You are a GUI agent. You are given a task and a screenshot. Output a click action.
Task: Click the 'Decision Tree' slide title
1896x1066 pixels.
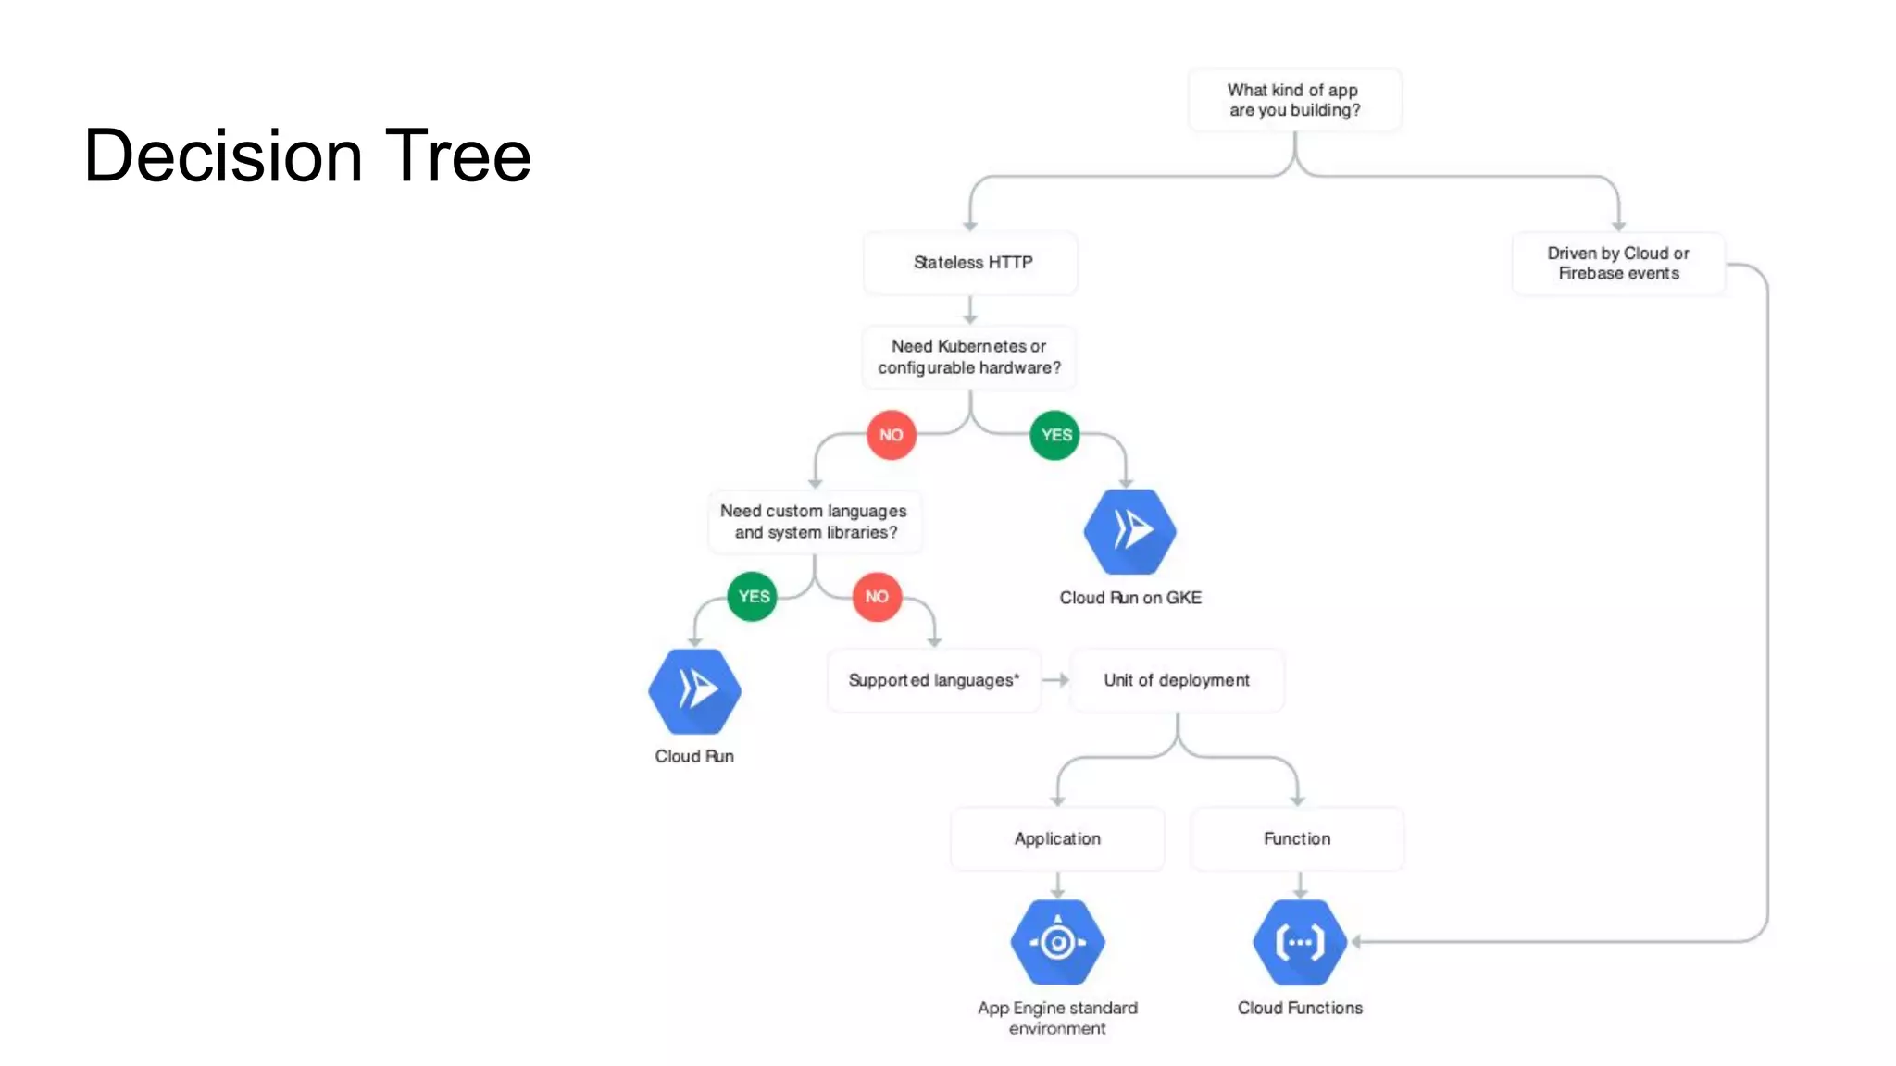coord(307,155)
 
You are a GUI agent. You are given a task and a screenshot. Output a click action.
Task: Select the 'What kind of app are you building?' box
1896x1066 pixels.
coord(1294,100)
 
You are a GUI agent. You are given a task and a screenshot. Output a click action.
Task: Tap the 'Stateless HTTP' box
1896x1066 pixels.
coord(971,263)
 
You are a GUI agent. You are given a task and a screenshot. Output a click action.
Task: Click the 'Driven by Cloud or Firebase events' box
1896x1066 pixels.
coord(1618,264)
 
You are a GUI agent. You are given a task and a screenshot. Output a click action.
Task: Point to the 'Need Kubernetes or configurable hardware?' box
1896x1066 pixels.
coord(969,357)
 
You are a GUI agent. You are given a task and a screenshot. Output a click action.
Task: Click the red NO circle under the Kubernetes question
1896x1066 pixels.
coord(891,435)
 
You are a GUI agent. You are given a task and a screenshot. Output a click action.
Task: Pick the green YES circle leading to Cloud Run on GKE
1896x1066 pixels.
coord(1055,435)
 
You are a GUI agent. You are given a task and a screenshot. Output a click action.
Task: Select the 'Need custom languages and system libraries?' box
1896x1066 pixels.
coord(815,522)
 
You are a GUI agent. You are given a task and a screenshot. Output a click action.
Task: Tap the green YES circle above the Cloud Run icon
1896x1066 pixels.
coord(753,597)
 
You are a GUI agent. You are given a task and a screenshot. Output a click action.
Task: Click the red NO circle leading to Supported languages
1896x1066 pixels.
coord(877,597)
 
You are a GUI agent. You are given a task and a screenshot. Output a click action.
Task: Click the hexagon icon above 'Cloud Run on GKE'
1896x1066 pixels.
coord(1129,531)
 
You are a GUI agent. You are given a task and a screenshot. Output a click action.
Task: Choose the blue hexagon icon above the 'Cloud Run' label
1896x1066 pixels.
coord(694,690)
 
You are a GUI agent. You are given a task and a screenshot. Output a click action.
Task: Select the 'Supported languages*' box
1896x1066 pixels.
coord(933,680)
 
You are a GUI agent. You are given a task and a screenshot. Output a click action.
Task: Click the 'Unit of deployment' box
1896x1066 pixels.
coord(1177,680)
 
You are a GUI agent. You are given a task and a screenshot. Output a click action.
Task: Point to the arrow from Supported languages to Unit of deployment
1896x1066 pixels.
coord(1055,680)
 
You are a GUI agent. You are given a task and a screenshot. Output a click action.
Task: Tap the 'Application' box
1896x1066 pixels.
coord(1057,838)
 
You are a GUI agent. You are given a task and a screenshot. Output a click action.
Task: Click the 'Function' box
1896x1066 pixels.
coord(1297,838)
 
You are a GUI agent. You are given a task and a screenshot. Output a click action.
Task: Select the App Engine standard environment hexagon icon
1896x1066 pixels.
coord(1057,942)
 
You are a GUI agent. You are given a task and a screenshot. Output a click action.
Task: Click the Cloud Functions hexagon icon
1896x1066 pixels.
coord(1300,942)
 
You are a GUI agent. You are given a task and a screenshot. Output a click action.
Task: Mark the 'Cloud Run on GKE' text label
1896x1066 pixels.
coord(1130,598)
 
